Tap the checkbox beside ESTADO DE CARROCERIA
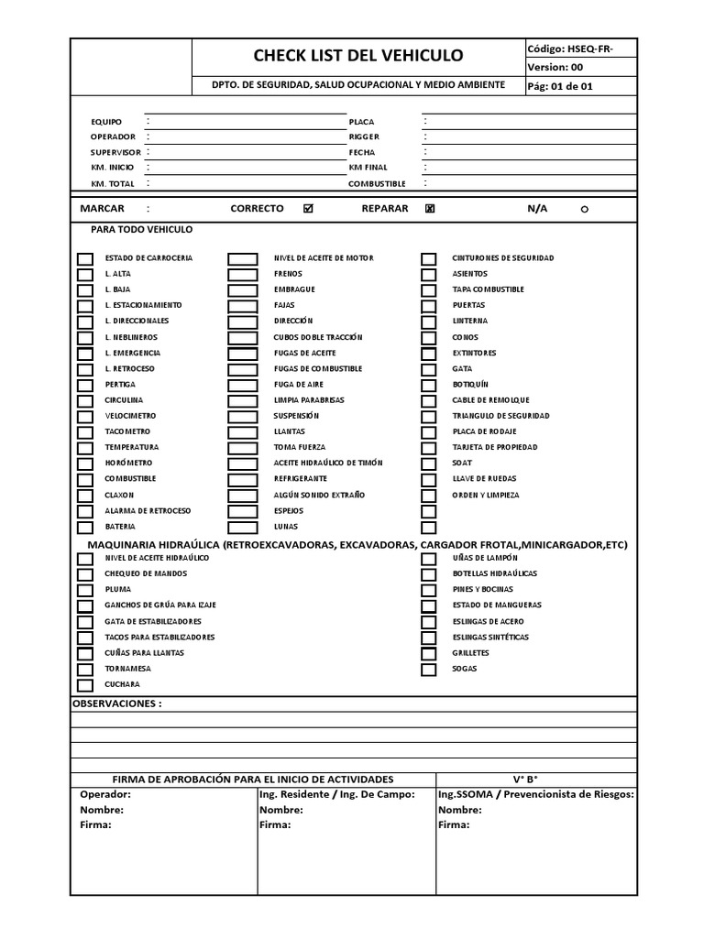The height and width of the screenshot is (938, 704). [84, 258]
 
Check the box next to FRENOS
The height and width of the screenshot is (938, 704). [242, 274]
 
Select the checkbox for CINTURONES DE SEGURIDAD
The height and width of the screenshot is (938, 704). [428, 258]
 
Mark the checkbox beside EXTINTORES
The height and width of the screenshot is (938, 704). [428, 353]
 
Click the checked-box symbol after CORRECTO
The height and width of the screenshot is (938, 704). [308, 209]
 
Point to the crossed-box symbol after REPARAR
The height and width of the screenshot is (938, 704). [430, 209]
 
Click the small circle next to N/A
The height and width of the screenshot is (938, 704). [584, 210]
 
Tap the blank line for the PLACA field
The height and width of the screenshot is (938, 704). [529, 121]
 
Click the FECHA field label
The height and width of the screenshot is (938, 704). [361, 152]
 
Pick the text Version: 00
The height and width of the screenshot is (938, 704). [555, 67]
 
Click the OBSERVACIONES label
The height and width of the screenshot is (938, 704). [116, 703]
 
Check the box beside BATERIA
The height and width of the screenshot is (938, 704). [84, 527]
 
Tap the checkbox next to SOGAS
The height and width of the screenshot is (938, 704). [428, 669]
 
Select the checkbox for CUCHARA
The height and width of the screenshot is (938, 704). [84, 684]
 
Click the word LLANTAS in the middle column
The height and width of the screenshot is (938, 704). [291, 431]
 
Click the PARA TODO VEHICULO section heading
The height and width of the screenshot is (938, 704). [141, 230]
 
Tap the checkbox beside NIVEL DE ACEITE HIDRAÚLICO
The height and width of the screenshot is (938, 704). [84, 558]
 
